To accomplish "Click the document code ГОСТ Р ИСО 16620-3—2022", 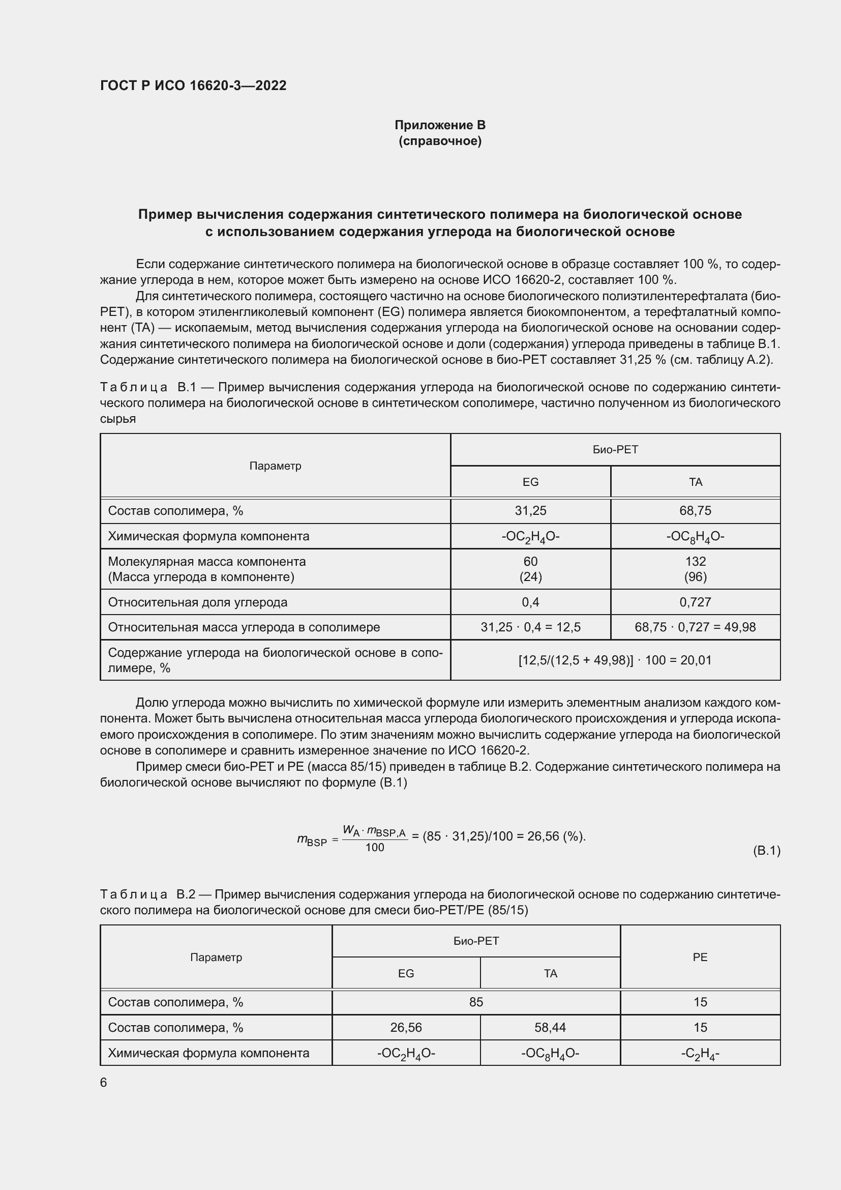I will click(x=193, y=85).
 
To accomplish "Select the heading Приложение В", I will click(x=440, y=125).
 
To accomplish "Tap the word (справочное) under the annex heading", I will click(x=440, y=141).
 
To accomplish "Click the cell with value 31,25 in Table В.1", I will click(x=530, y=510).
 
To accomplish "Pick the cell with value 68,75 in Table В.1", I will click(x=695, y=510).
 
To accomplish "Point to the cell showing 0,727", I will click(x=695, y=602).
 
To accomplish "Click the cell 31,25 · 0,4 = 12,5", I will click(x=530, y=627).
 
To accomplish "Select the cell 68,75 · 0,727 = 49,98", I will click(x=695, y=627).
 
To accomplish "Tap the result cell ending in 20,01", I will click(x=615, y=660).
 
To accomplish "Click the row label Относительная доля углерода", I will click(x=197, y=602).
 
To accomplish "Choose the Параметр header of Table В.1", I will click(x=275, y=466).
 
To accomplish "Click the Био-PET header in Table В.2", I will click(x=476, y=941).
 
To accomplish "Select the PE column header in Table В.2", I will click(x=700, y=957).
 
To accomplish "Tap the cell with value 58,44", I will click(x=550, y=1027).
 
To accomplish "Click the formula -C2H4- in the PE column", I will click(x=700, y=1053).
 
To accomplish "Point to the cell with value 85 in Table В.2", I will click(x=476, y=1002).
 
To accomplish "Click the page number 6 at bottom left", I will click(x=104, y=1083).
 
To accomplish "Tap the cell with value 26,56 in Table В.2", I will click(x=406, y=1027).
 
